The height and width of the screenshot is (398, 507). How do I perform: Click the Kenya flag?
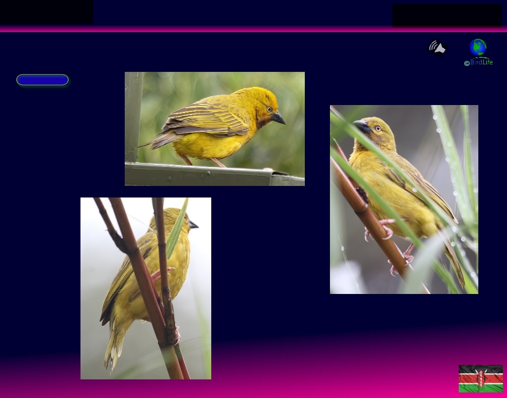480,378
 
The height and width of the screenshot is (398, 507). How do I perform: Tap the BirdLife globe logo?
478,47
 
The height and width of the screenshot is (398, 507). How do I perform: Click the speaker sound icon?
438,48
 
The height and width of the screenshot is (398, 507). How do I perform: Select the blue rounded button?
42,80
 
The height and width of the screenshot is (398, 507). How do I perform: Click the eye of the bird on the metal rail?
269,109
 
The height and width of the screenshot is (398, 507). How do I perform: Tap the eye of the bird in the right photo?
378,129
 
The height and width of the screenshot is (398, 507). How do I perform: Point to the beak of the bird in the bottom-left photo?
193,225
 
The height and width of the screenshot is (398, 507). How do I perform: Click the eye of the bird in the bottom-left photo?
185,217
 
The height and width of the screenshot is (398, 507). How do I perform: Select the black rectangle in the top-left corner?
46,12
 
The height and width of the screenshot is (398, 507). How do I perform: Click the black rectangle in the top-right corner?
447,15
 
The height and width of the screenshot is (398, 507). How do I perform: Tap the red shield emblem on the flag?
481,378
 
